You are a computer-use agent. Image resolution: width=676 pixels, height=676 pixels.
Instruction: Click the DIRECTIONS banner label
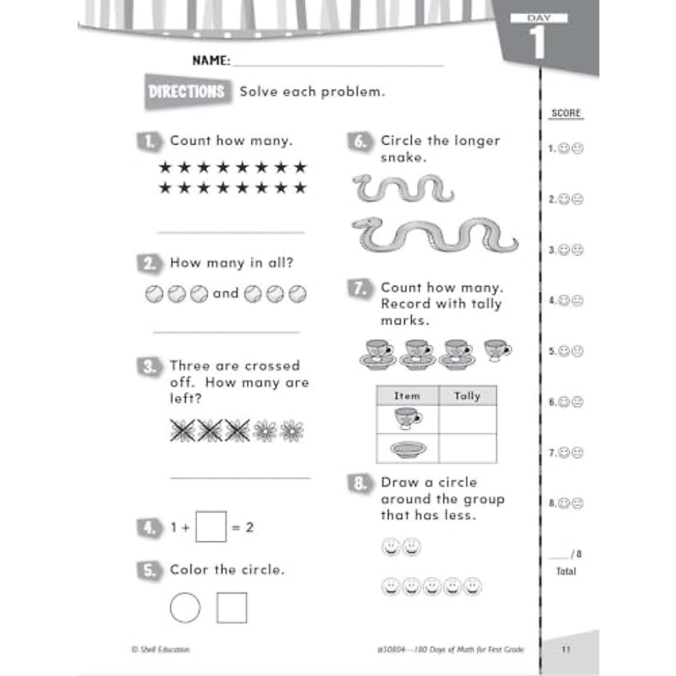[x=186, y=92]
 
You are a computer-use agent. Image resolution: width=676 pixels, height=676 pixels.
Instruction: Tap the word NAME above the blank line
[x=211, y=60]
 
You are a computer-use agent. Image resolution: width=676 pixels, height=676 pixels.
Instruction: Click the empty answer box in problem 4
[x=211, y=527]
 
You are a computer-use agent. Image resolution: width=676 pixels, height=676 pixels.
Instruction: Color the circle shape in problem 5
[x=185, y=608]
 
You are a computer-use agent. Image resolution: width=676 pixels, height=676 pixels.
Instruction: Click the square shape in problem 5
[x=232, y=608]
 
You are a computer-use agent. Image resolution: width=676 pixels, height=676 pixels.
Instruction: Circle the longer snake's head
[x=366, y=224]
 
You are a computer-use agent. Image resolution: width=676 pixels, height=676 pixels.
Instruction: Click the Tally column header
[x=467, y=396]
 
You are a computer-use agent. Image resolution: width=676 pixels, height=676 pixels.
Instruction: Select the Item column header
[x=407, y=396]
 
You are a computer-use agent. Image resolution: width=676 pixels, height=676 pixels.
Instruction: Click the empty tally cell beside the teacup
[x=467, y=419]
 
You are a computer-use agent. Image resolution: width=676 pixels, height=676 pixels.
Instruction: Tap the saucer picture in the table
[x=408, y=449]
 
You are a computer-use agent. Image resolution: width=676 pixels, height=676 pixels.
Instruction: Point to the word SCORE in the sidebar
[x=566, y=113]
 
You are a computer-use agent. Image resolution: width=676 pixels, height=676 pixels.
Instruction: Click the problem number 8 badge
[x=360, y=483]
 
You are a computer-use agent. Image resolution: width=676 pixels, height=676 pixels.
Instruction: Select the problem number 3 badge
[x=149, y=367]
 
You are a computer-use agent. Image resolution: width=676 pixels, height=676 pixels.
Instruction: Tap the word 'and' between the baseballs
[x=225, y=293]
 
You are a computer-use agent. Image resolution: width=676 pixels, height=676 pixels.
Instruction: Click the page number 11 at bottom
[x=566, y=649]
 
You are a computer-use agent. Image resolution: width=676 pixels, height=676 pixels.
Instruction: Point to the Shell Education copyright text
[x=161, y=650]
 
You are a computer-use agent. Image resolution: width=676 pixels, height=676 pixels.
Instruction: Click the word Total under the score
[x=566, y=571]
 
